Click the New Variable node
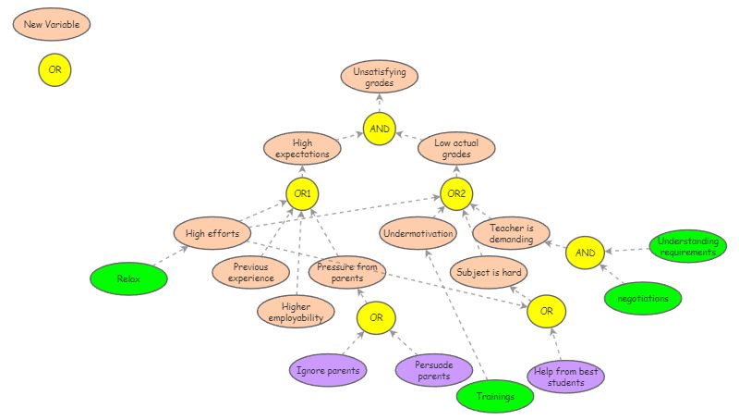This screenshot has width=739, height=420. [52, 23]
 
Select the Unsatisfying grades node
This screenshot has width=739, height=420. [380, 77]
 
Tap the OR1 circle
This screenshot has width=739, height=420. [302, 194]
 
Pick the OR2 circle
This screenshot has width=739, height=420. [456, 194]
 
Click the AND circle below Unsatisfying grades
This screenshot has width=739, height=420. [380, 129]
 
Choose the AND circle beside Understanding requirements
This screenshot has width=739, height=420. [585, 252]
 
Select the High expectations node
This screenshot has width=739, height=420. [302, 148]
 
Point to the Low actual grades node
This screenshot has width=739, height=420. [456, 148]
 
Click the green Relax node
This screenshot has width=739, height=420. [128, 278]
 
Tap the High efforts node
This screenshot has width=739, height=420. [212, 233]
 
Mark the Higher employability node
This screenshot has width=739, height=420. [295, 312]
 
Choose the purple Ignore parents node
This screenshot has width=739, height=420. [328, 370]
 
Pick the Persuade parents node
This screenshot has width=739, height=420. [434, 370]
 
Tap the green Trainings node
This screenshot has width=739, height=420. [496, 396]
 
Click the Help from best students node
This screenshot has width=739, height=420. [567, 377]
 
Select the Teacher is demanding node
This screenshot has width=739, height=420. [511, 233]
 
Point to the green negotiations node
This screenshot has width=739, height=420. [643, 298]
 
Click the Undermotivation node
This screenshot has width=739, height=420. [418, 233]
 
